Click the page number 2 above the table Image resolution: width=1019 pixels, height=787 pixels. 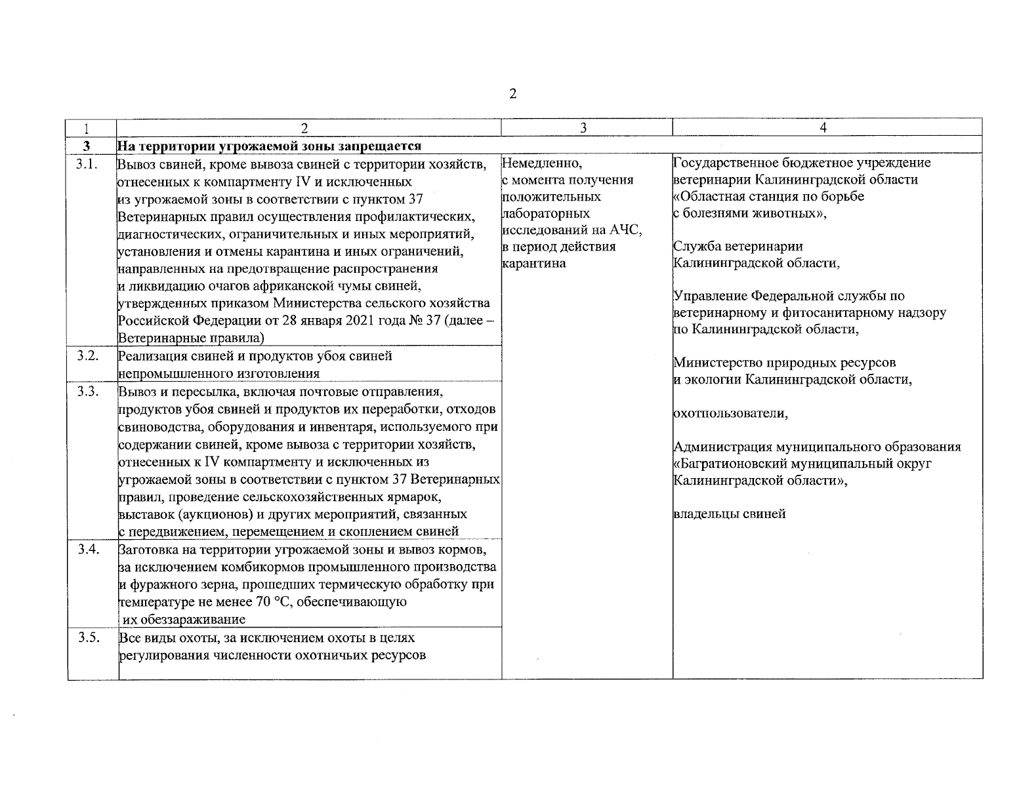pyautogui.click(x=512, y=94)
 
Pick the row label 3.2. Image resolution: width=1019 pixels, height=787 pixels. pyautogui.click(x=87, y=356)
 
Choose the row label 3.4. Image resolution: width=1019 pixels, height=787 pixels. pyautogui.click(x=87, y=549)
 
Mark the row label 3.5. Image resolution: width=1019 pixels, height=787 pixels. pyautogui.click(x=87, y=637)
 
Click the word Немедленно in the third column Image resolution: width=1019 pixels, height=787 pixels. pyautogui.click(x=537, y=163)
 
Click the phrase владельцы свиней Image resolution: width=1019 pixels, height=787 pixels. pyautogui.click(x=730, y=514)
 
